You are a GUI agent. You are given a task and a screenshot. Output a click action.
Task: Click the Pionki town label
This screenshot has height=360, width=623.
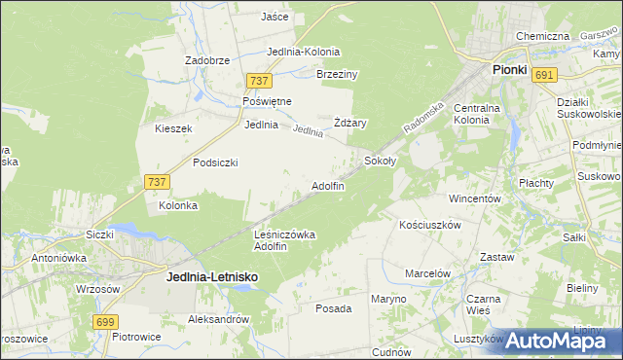click(x=509, y=71)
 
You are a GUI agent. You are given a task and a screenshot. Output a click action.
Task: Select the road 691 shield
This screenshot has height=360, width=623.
click(x=545, y=75)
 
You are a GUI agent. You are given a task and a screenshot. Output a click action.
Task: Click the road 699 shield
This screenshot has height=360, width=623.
click(x=106, y=321)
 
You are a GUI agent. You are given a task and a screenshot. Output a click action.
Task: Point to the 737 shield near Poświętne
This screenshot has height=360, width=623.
click(x=258, y=81)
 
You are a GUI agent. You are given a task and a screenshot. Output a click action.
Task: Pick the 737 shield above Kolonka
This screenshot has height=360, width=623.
click(x=157, y=182)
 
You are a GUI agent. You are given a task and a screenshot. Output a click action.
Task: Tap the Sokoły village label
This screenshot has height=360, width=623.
click(x=380, y=160)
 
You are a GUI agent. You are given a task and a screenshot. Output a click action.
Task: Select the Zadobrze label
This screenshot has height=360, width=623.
click(x=207, y=60)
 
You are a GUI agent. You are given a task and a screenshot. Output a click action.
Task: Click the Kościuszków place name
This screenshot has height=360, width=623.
click(x=429, y=224)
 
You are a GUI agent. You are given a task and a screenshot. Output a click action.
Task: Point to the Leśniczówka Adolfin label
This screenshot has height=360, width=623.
click(x=283, y=240)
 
